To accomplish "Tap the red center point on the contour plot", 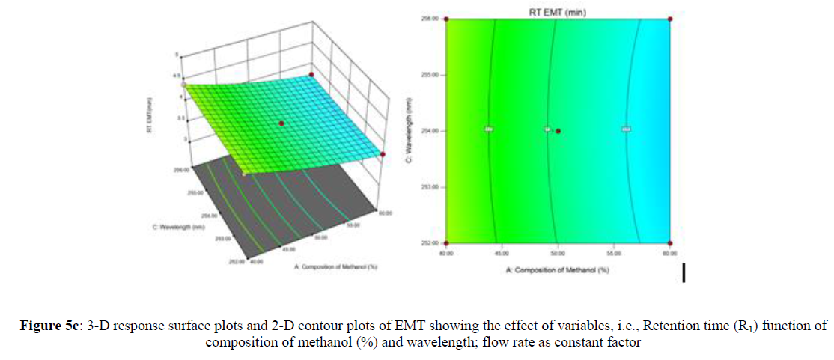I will point(558,131).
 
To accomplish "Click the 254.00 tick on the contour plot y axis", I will point(430,130).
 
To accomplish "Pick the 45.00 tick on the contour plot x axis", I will point(502,253).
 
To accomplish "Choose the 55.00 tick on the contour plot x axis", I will point(613,253).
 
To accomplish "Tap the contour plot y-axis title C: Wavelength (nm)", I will point(410,131).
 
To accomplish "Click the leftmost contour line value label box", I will point(489,129).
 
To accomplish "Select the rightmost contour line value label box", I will point(626,129).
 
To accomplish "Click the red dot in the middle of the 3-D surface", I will point(281,122).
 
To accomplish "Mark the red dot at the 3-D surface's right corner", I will point(383,154).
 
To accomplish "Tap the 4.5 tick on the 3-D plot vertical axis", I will point(176,76).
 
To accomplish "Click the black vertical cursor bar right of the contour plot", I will point(684,272).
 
